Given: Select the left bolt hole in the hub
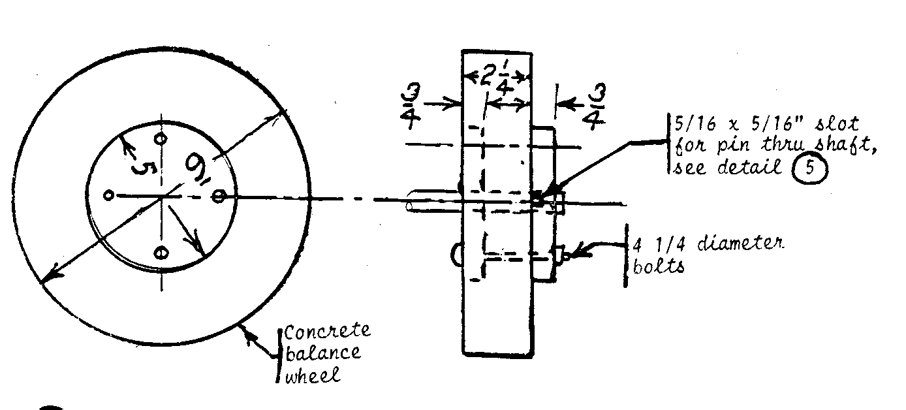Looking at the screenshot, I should (x=109, y=195).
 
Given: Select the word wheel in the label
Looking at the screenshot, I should (x=314, y=377).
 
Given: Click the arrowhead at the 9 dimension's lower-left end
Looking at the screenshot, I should (x=45, y=280).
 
